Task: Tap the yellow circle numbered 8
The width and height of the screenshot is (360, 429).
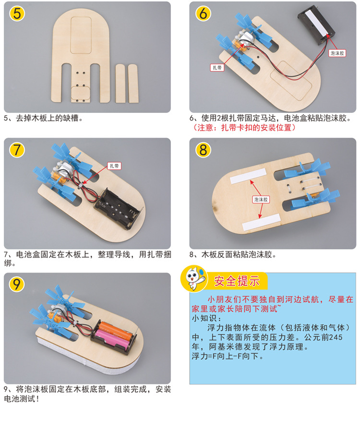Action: click(x=203, y=150)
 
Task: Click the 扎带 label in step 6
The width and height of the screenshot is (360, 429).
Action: click(x=217, y=68)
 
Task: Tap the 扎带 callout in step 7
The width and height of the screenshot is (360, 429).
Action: click(x=114, y=166)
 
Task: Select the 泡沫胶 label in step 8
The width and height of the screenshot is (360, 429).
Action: click(x=261, y=198)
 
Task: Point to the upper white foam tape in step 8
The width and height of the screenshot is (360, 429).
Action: click(x=243, y=179)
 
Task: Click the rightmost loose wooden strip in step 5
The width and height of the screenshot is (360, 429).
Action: click(x=133, y=83)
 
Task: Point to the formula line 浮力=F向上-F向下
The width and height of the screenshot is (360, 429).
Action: click(x=227, y=356)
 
